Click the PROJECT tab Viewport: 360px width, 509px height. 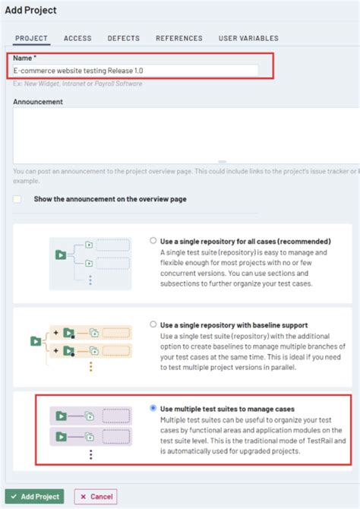[31, 38]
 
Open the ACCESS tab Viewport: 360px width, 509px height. [77, 38]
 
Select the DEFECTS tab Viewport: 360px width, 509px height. [123, 38]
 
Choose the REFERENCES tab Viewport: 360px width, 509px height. [179, 38]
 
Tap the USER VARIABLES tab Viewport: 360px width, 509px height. [248, 38]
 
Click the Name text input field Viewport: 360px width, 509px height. [136, 70]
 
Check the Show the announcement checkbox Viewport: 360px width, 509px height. [17, 199]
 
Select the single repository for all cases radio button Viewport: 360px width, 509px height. [154, 242]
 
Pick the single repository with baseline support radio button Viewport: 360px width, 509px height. [154, 323]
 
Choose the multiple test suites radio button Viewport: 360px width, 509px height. [154, 408]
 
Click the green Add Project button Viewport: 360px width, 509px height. [35, 496]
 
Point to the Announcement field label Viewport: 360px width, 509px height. [37, 101]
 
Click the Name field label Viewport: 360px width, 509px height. [24, 57]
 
